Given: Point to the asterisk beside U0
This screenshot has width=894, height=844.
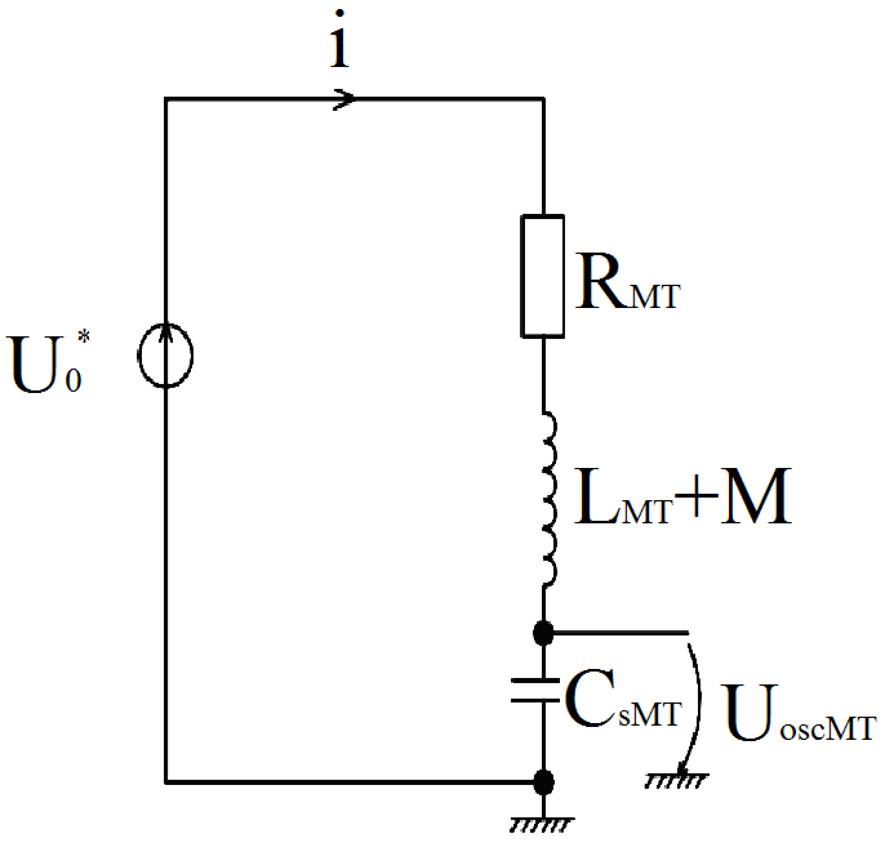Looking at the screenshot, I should (84, 336).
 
